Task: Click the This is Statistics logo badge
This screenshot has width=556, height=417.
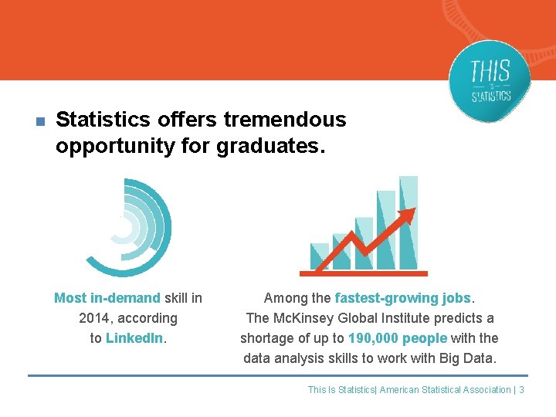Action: point(490,81)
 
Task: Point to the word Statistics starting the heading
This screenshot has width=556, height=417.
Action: point(103,120)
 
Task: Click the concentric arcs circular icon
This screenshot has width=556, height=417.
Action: point(127,227)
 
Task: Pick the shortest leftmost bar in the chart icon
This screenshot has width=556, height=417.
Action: point(319,256)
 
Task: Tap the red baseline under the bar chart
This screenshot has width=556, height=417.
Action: point(363,273)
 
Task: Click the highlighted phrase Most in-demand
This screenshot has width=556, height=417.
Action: point(107,298)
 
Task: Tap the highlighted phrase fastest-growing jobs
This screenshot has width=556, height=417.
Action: point(403,298)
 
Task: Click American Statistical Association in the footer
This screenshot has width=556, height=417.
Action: point(445,390)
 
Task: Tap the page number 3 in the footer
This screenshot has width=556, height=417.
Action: point(521,390)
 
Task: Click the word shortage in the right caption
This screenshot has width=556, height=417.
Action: point(266,338)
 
